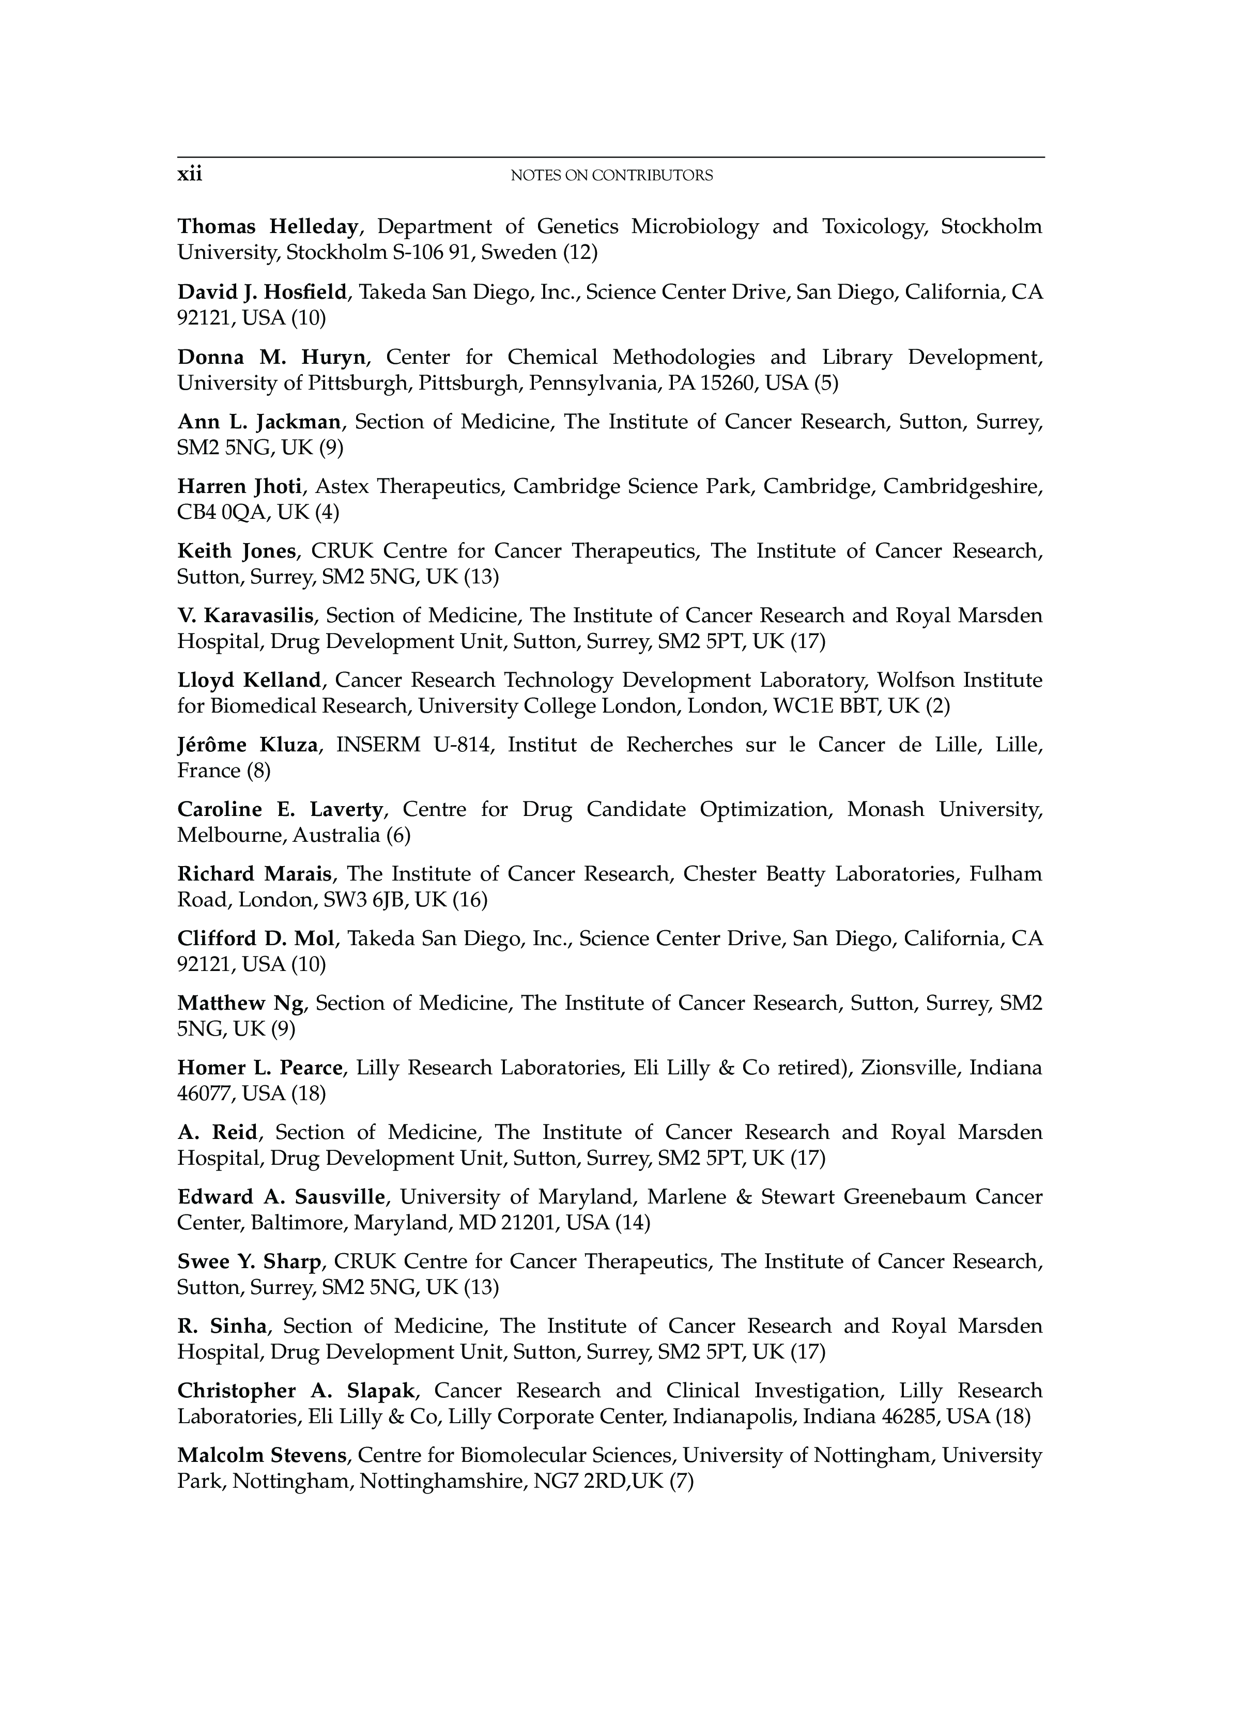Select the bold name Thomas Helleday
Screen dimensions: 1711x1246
[267, 226]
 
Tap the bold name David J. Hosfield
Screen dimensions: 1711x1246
[261, 291]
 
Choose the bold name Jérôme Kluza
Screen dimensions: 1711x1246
[248, 745]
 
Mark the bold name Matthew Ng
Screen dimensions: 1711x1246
[240, 1004]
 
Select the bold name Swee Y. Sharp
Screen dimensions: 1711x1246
[250, 1261]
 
